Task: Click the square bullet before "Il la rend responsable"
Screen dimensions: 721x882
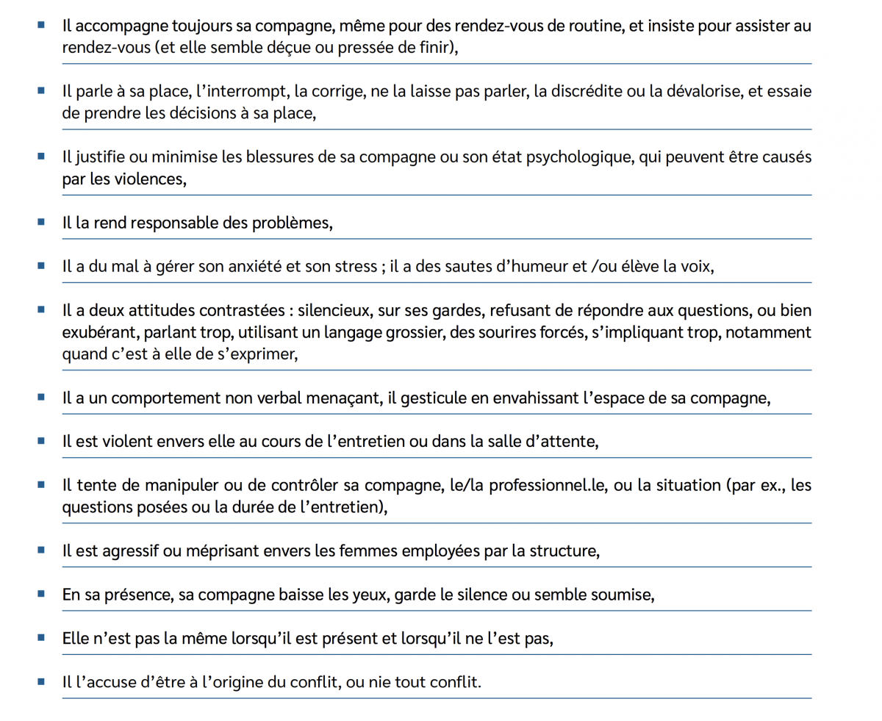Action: (x=41, y=221)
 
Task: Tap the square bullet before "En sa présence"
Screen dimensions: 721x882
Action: (x=41, y=592)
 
